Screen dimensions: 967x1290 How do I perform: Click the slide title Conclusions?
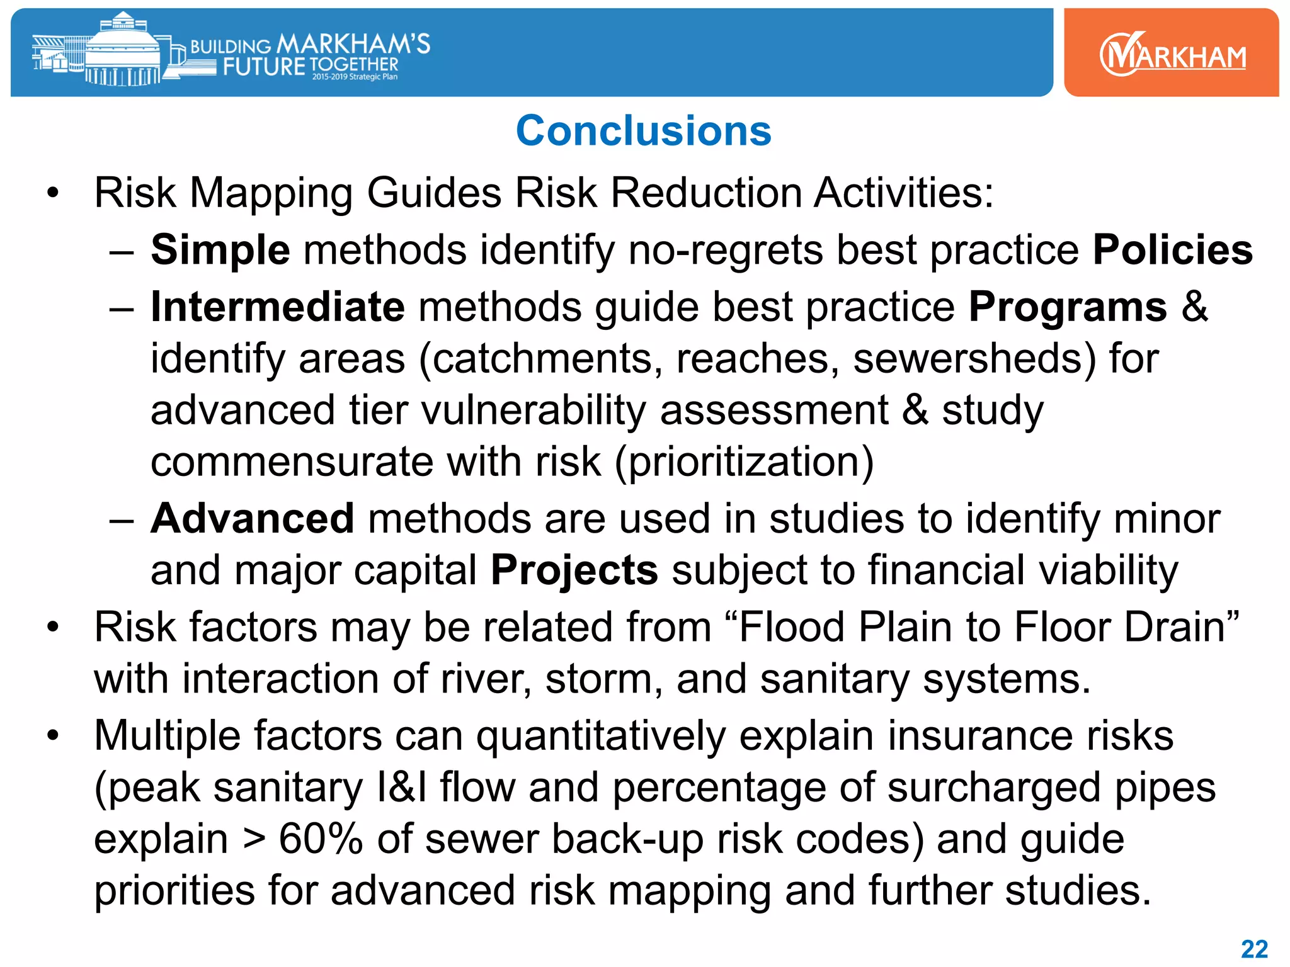pyautogui.click(x=643, y=131)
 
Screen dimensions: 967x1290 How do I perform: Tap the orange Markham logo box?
pyautogui.click(x=1171, y=53)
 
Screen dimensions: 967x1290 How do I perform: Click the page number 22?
pyautogui.click(x=1253, y=949)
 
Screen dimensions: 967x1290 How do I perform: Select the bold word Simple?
pyautogui.click(x=220, y=250)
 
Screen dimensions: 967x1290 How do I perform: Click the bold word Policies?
pyautogui.click(x=1172, y=250)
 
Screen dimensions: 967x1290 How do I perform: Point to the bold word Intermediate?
pyautogui.click(x=277, y=307)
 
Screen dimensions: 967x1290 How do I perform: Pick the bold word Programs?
pyautogui.click(x=1068, y=307)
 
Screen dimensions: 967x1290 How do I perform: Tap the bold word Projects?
pyautogui.click(x=574, y=570)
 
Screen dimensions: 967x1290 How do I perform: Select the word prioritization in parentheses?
pyautogui.click(x=745, y=462)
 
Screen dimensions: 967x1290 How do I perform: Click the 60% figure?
pyautogui.click(x=320, y=839)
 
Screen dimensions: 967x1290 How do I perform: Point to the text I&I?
pyautogui.click(x=401, y=788)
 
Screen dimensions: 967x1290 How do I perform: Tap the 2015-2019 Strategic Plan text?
pyautogui.click(x=355, y=77)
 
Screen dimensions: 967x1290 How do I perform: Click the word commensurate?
pyautogui.click(x=292, y=462)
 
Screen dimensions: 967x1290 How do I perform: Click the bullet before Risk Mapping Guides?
pyautogui.click(x=53, y=193)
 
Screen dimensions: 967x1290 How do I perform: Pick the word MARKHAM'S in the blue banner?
pyautogui.click(x=353, y=43)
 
